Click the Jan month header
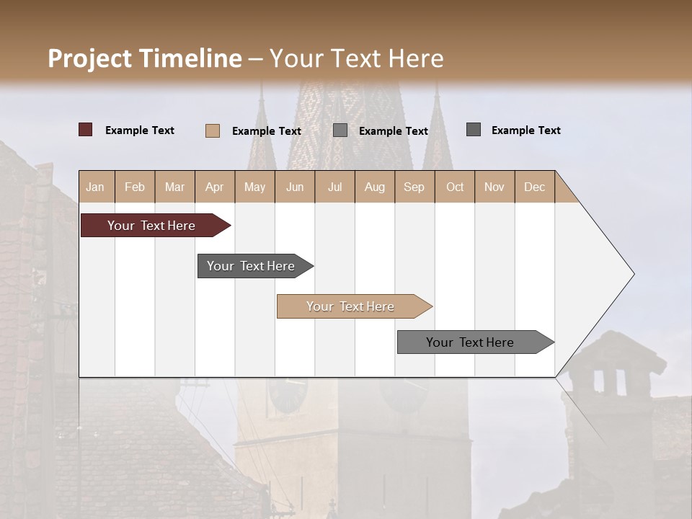point(95,187)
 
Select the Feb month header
point(135,187)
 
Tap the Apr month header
point(214,187)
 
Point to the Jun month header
point(295,187)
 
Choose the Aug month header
point(374,187)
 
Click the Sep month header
point(414,187)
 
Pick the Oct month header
point(455,187)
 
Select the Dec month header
point(534,187)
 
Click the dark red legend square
point(85,130)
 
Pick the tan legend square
point(212,130)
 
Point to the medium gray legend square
point(340,130)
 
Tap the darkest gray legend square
point(473,130)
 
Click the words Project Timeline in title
point(145,58)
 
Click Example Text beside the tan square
point(266,131)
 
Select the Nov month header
point(494,187)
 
